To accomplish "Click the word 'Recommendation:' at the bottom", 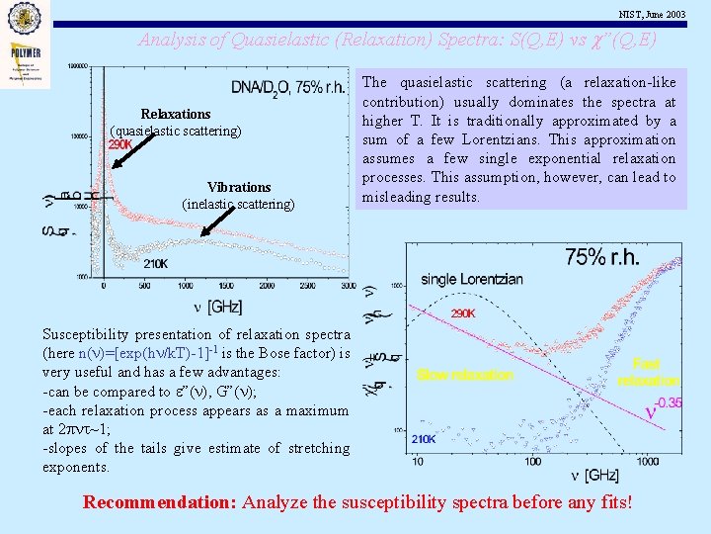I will (x=159, y=502).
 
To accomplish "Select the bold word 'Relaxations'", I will (x=175, y=115).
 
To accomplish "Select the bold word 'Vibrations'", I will (x=239, y=187).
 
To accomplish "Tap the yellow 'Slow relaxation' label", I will (x=465, y=375).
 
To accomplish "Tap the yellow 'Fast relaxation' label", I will (x=648, y=372).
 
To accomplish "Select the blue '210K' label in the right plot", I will (x=424, y=438).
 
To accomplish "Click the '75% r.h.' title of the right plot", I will (x=602, y=257).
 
